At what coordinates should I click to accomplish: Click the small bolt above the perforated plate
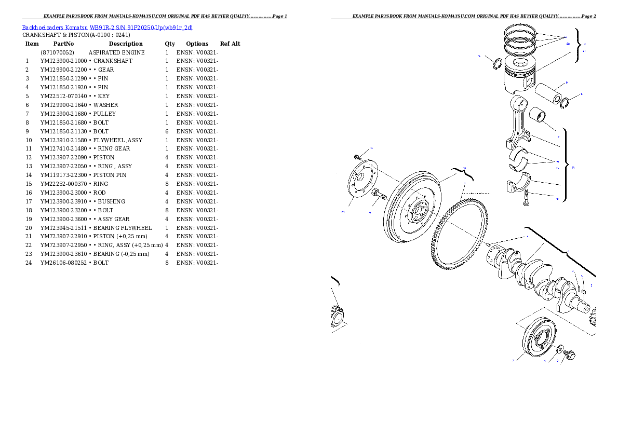358,157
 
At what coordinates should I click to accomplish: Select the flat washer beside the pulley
559,348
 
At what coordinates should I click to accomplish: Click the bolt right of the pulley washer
568,355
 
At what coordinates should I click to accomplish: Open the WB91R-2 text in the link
102,28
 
